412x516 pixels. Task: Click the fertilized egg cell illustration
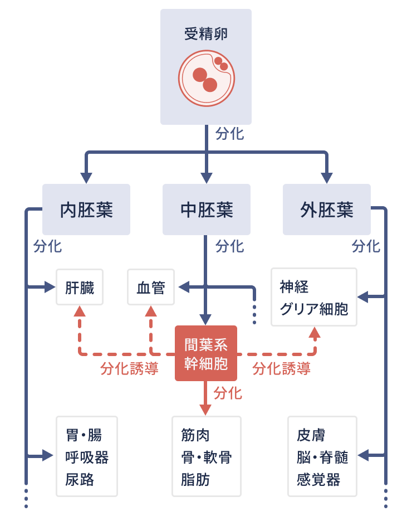pyautogui.click(x=207, y=78)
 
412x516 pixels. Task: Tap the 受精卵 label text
pyautogui.click(x=206, y=34)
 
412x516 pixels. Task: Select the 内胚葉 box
pyautogui.click(x=86, y=210)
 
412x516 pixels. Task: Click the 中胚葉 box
pyautogui.click(x=207, y=210)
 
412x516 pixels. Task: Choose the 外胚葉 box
pyautogui.click(x=327, y=210)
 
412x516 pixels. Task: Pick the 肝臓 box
pyautogui.click(x=80, y=287)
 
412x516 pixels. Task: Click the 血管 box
pyautogui.click(x=151, y=287)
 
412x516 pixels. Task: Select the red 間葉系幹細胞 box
pyautogui.click(x=206, y=353)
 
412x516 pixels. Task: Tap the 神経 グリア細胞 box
pyautogui.click(x=314, y=297)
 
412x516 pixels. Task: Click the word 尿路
pyautogui.click(x=80, y=480)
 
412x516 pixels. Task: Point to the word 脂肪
pyautogui.click(x=195, y=480)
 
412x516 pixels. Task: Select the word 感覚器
pyautogui.click(x=318, y=480)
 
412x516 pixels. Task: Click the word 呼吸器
pyautogui.click(x=87, y=457)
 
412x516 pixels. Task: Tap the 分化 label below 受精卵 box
pyautogui.click(x=229, y=134)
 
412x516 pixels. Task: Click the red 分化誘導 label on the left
pyautogui.click(x=129, y=368)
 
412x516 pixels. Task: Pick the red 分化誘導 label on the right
pyautogui.click(x=281, y=368)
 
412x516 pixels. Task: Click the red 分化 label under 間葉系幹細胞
pyautogui.click(x=228, y=393)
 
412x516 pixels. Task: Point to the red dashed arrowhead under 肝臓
pyautogui.click(x=80, y=311)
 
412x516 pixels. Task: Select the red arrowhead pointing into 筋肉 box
pyautogui.click(x=206, y=410)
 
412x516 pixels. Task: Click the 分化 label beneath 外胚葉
pyautogui.click(x=366, y=246)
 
